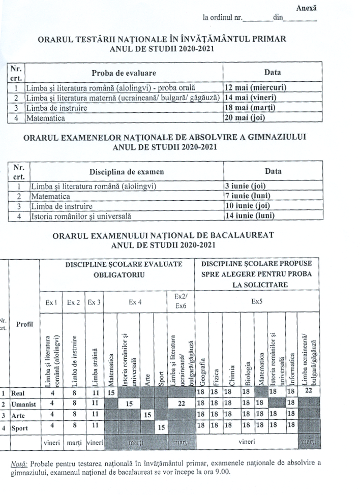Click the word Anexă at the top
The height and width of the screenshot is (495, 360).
click(306, 8)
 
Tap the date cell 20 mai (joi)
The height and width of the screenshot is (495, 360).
click(245, 118)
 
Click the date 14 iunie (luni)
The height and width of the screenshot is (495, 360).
click(249, 215)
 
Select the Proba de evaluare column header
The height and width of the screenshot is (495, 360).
click(124, 72)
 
